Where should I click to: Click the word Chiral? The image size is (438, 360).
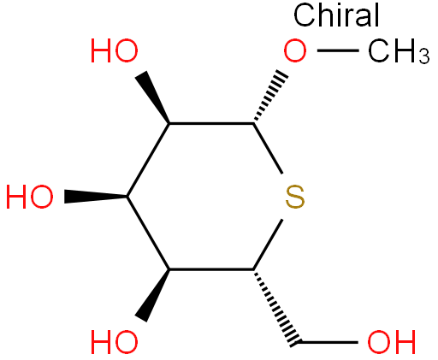point(336,15)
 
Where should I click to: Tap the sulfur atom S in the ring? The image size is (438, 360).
point(295,197)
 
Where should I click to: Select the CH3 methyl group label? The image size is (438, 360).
point(399,51)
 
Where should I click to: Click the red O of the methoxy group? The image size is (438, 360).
point(295,50)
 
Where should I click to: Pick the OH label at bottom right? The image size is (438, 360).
point(391,342)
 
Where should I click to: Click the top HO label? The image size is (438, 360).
point(115,50)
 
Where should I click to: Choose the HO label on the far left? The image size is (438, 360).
point(30,197)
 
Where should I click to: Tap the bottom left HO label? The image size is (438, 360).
point(115,342)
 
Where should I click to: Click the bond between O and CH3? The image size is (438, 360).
point(338,50)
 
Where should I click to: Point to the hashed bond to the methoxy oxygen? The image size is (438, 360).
point(269,97)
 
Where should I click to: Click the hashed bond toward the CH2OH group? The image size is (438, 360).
point(276,307)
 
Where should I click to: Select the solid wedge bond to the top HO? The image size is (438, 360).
point(153,97)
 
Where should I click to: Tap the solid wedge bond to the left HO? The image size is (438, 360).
point(96,197)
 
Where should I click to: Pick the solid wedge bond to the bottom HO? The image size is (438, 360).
point(153,296)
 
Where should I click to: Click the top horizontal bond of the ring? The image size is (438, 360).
point(211,123)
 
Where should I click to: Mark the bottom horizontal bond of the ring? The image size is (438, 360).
point(211,269)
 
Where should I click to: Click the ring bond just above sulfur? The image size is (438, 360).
point(268,148)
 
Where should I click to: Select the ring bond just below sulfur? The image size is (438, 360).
point(268,245)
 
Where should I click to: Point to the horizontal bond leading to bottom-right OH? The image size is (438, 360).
point(328,342)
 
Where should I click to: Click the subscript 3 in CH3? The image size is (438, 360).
point(424,56)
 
